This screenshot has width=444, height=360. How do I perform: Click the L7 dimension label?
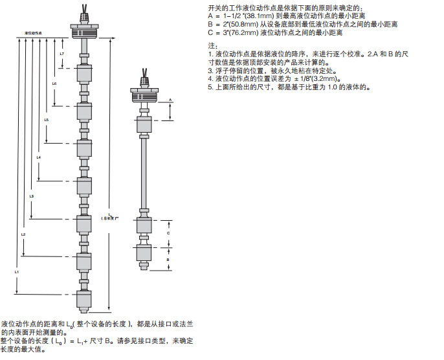[61, 53]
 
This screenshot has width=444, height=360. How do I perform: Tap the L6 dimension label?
[54, 84]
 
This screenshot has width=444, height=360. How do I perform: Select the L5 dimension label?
[46, 120]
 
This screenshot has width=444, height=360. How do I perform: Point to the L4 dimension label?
[39, 157]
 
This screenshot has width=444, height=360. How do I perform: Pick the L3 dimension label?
[31, 195]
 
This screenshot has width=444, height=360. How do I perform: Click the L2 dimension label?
[23, 233]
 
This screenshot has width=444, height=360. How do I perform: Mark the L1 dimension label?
[16, 273]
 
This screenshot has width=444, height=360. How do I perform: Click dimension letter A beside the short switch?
[170, 100]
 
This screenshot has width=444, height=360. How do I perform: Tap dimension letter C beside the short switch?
[170, 231]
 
